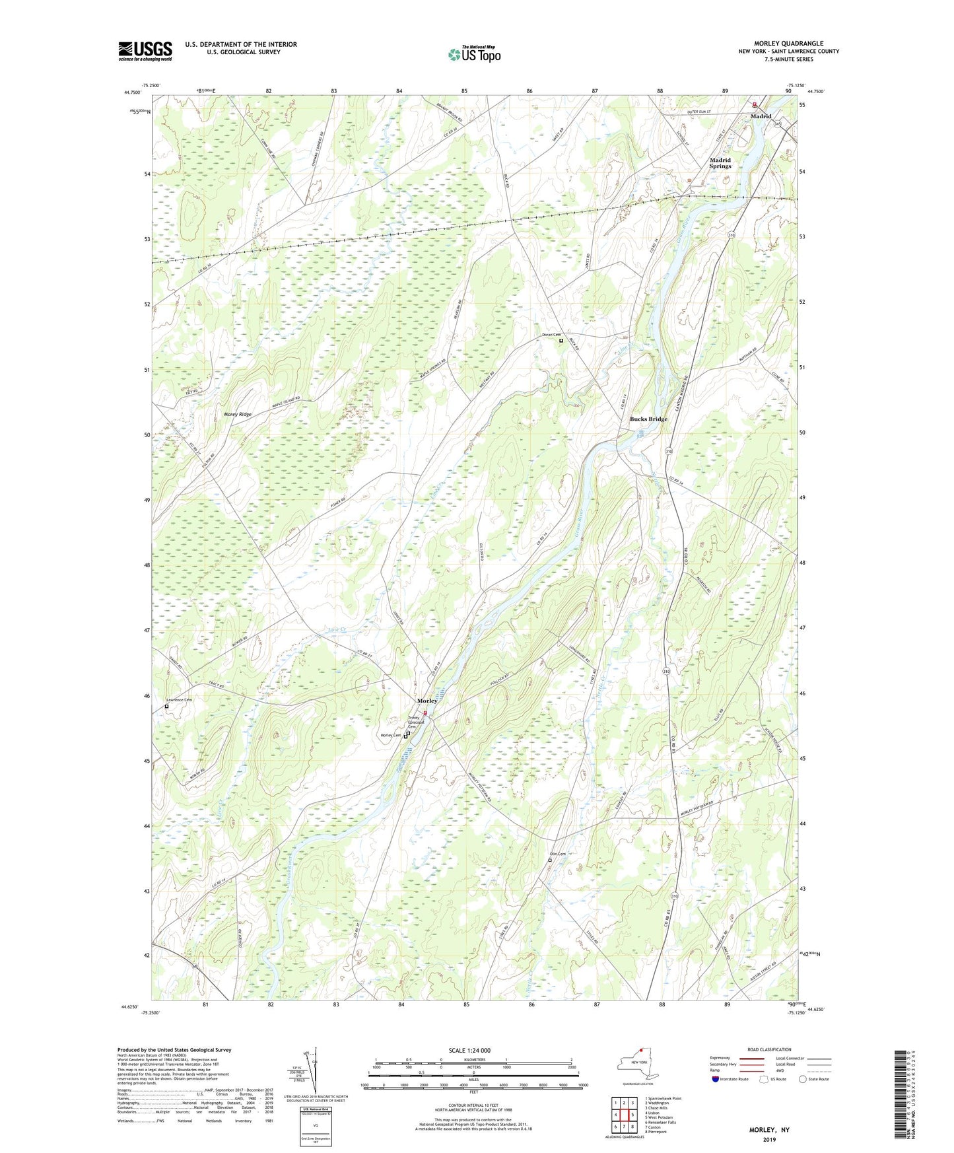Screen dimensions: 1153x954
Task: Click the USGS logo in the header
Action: point(145,51)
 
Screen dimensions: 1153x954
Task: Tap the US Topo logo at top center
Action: point(473,54)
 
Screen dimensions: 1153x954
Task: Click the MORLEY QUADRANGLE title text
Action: point(789,44)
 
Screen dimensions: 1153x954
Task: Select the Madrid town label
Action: point(761,116)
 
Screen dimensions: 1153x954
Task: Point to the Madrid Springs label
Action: point(720,163)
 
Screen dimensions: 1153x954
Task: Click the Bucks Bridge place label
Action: point(648,419)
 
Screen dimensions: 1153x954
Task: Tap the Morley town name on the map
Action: point(426,701)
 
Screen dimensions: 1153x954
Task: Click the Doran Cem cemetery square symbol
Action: point(561,341)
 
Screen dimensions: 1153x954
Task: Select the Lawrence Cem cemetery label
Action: point(179,700)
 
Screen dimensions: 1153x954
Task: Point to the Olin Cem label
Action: point(558,854)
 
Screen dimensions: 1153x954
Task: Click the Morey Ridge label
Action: point(238,414)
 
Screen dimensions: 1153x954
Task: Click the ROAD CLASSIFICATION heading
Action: point(769,1049)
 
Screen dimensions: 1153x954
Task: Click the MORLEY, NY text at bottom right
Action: point(769,1130)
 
